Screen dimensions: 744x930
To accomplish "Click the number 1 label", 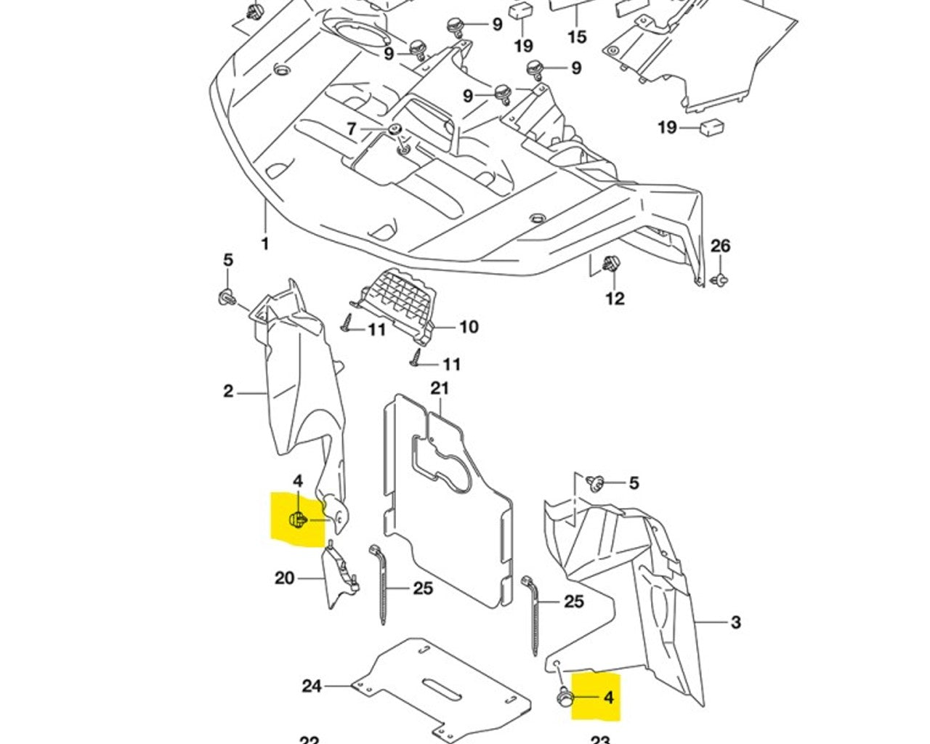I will point(264,243).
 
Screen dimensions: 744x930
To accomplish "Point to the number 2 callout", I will point(228,392).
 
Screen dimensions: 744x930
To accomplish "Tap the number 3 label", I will point(735,622).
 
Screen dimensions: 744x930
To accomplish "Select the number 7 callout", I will point(352,129).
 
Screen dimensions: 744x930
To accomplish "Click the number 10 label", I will point(469,327).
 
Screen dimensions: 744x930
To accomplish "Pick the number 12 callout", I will point(615,298).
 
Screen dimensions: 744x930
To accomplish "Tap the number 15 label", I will point(577,36).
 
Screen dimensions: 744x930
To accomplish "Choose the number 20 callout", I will point(284,578).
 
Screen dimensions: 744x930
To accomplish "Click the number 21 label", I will point(440,389).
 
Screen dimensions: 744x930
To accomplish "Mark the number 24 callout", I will point(312,685).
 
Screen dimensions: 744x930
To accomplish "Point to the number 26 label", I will point(719,246).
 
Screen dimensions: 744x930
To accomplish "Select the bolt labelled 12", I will point(612,264).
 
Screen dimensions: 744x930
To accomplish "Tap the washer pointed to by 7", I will point(395,130).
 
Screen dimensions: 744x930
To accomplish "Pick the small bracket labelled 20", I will point(337,578).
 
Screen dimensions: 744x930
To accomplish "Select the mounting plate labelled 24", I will point(443,690).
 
